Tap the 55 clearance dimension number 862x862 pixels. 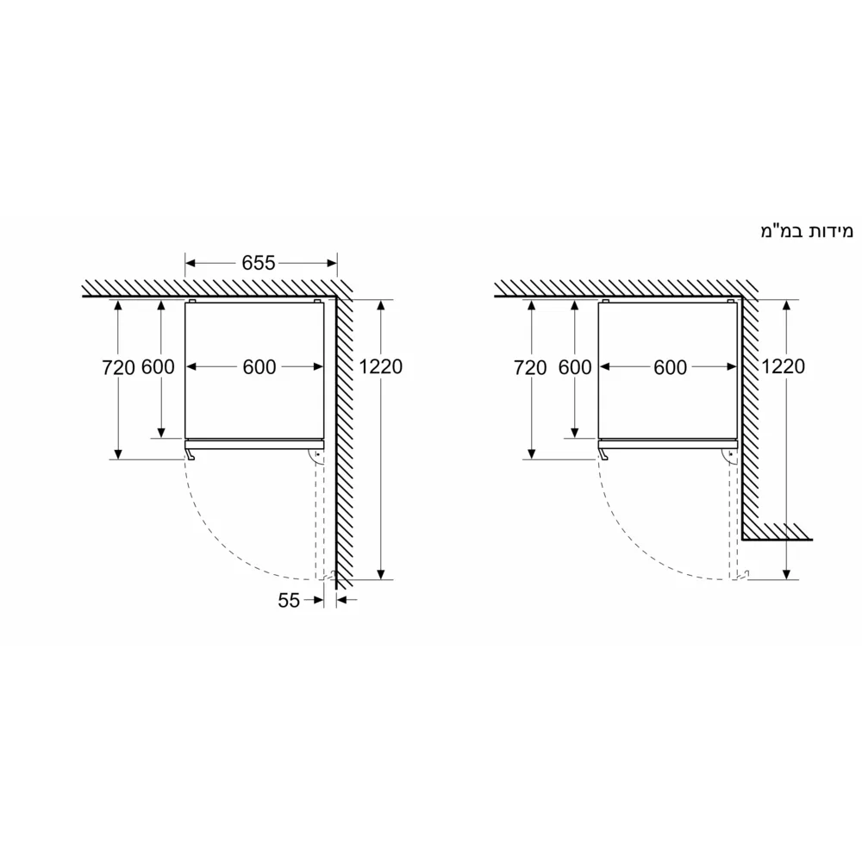click(289, 601)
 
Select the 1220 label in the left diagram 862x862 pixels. click(381, 366)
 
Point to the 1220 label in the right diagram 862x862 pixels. click(783, 366)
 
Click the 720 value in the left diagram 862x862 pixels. click(118, 367)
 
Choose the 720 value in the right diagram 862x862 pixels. click(530, 368)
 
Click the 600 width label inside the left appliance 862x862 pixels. click(259, 367)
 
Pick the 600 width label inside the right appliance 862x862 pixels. click(670, 368)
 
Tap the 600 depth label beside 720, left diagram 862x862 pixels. click(158, 367)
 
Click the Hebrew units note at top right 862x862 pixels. click(806, 231)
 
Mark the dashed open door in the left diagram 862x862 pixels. click(321, 517)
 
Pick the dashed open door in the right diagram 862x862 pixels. click(733, 517)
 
